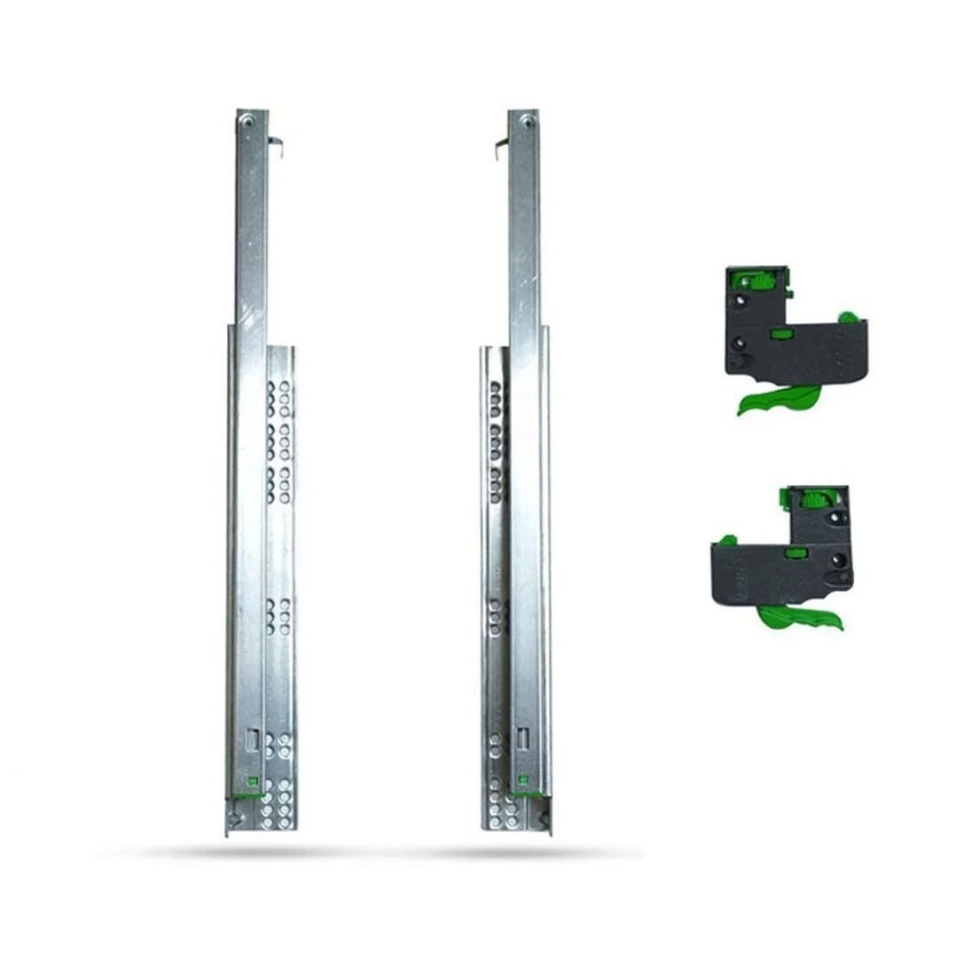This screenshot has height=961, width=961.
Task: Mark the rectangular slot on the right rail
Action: click(x=522, y=738)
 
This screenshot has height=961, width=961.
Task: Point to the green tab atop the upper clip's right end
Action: click(x=849, y=316)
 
